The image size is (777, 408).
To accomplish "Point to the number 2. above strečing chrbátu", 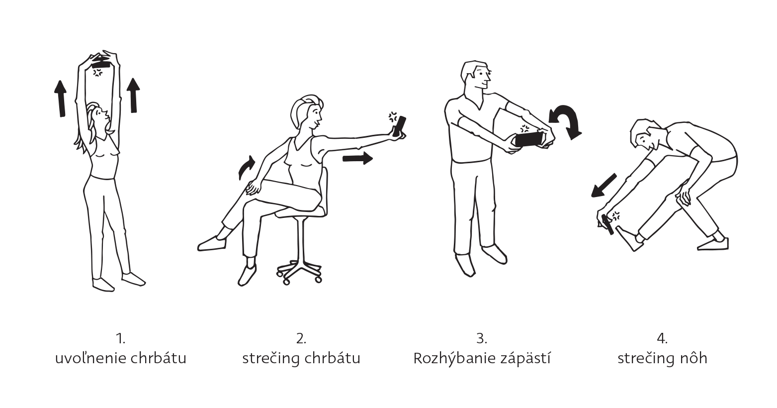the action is click(x=301, y=338).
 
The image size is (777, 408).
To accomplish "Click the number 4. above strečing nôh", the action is click(x=662, y=338).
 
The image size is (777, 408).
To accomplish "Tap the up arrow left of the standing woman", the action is click(x=61, y=99).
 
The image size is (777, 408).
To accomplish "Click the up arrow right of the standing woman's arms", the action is click(x=133, y=95).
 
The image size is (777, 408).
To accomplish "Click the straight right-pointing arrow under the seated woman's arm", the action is click(x=357, y=158).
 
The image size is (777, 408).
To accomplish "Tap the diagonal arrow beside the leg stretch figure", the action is click(x=604, y=186).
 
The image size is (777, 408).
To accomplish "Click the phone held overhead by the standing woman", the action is click(x=101, y=65).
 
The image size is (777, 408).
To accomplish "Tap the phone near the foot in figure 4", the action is click(x=608, y=225).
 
